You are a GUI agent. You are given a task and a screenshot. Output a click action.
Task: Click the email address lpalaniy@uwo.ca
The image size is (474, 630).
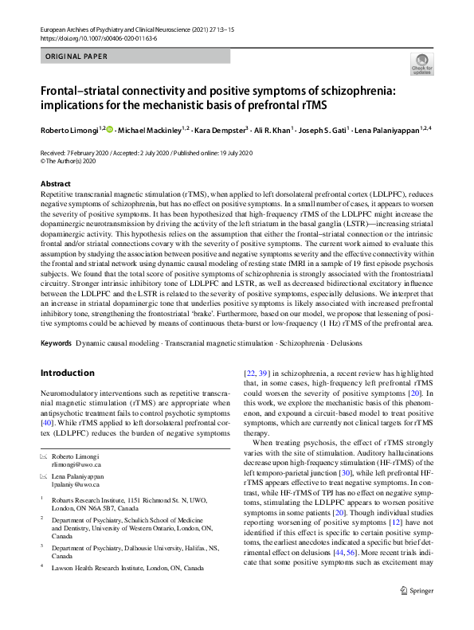click(x=76, y=483)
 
